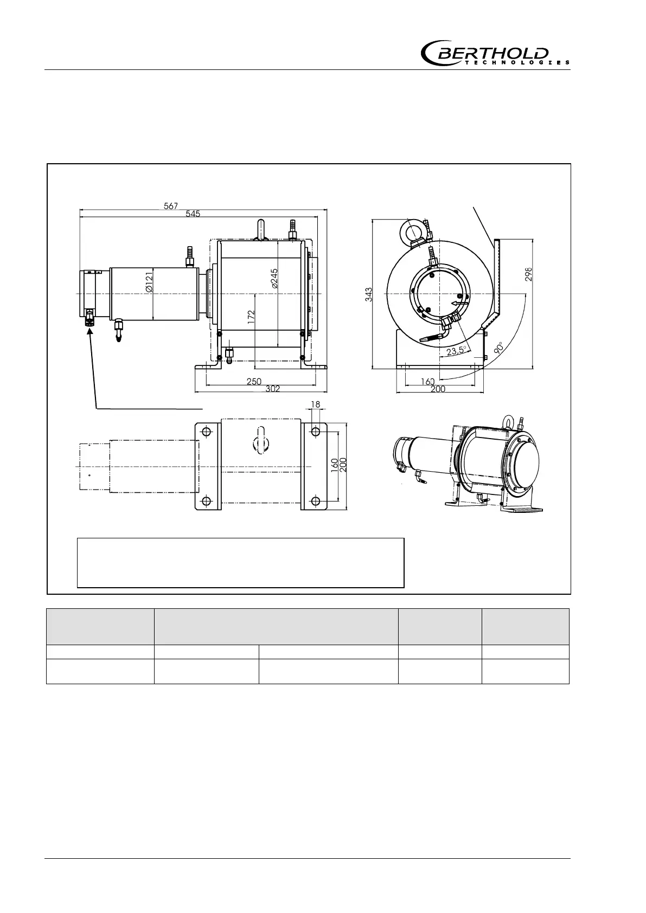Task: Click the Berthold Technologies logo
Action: (495, 53)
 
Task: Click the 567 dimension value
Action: (171, 206)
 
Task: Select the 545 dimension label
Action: (193, 214)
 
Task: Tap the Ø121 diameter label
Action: (149, 282)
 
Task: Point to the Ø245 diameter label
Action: (274, 278)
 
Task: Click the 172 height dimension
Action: (251, 317)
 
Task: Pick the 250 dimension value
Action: (254, 382)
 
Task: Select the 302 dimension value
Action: (272, 389)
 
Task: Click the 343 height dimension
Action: (369, 295)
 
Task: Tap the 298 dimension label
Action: (528, 274)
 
